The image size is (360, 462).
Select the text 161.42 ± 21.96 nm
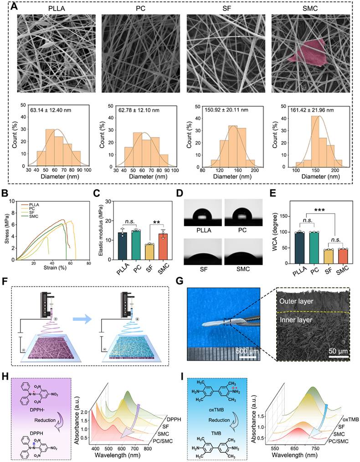309,110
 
